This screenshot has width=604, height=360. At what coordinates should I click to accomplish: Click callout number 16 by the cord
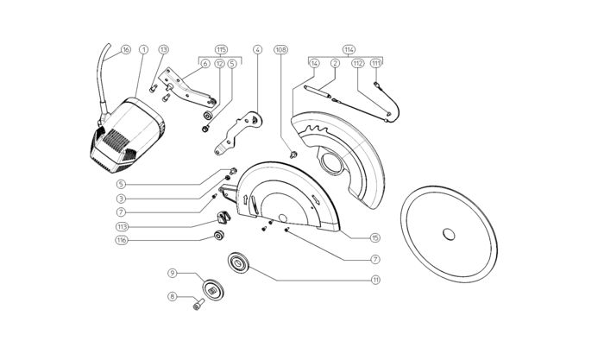tap(126, 50)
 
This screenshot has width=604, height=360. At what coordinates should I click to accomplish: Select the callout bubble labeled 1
tap(143, 50)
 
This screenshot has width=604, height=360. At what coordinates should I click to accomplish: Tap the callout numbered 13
tap(164, 50)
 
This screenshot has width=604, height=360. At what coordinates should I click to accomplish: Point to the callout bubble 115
tap(222, 48)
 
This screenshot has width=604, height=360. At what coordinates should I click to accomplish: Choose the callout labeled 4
tap(257, 50)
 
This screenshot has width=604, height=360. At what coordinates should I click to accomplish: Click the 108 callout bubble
tap(280, 50)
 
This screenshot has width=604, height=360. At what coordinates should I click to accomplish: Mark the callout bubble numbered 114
tap(349, 48)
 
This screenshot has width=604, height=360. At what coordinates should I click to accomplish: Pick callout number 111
tap(376, 63)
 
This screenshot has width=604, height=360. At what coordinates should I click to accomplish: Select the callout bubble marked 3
tap(122, 198)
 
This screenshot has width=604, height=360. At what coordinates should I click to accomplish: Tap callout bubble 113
tap(122, 226)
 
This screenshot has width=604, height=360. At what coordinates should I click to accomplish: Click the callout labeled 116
tap(122, 240)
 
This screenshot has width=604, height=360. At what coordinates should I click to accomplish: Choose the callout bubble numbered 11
tap(375, 280)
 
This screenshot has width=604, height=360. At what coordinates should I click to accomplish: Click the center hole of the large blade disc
tap(448, 234)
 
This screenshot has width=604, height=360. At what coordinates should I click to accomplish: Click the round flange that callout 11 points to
tap(236, 262)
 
